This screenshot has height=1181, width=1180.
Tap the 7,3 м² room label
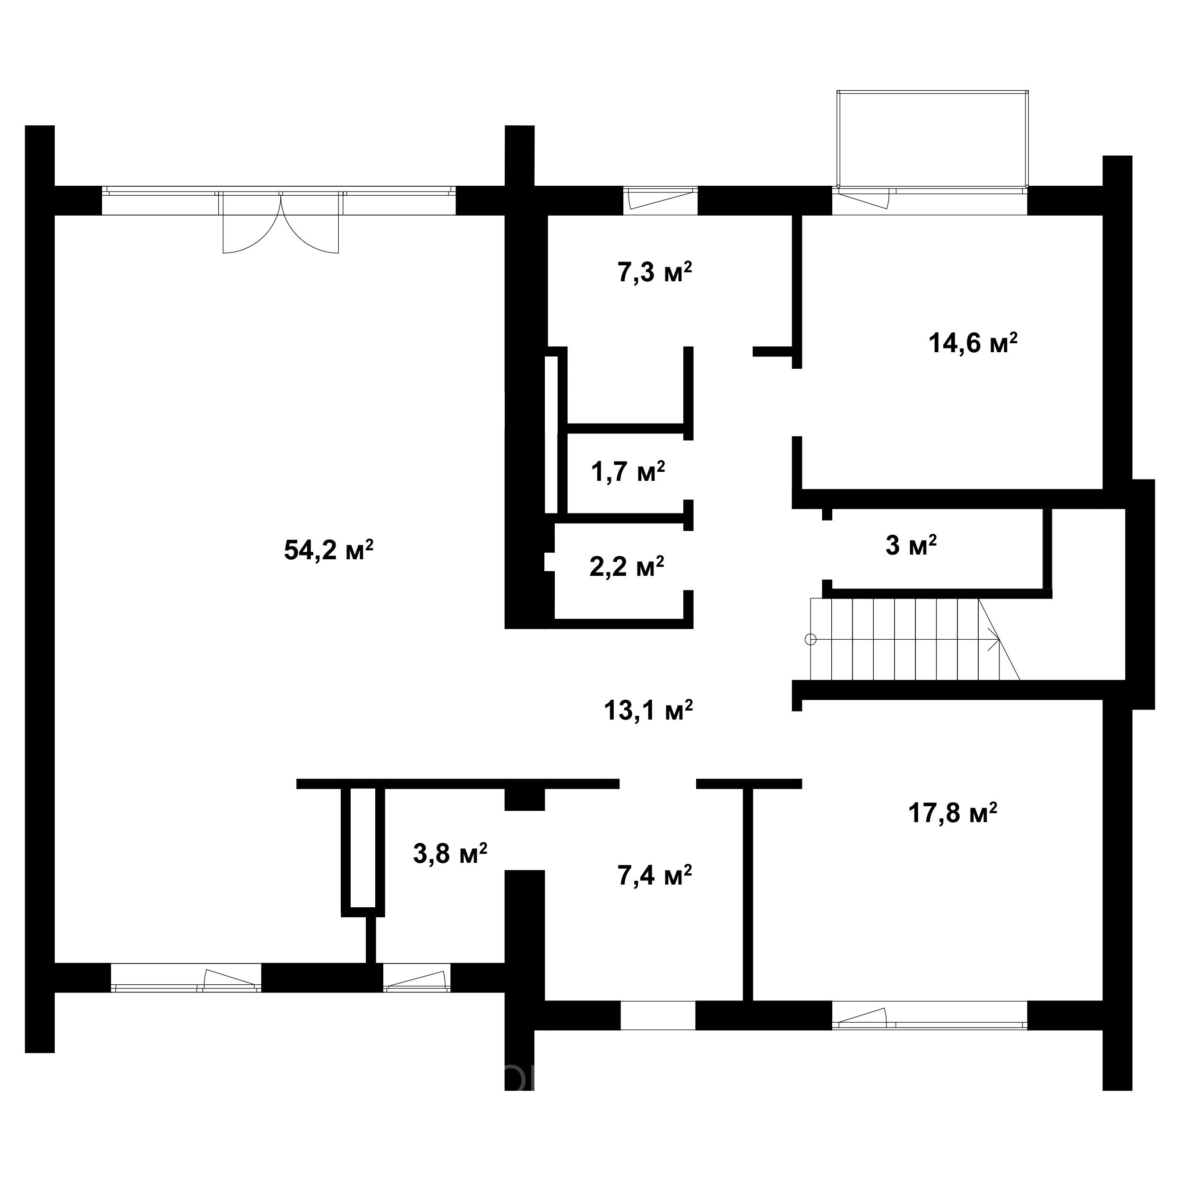[x=655, y=272]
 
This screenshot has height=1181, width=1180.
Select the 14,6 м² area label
[x=973, y=343]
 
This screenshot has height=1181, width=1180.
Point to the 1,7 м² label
[x=628, y=471]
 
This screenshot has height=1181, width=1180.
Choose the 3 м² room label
[x=911, y=545]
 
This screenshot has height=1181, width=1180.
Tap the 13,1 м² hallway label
[x=648, y=710]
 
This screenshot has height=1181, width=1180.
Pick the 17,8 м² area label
[x=953, y=814]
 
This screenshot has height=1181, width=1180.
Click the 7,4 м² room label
[x=655, y=876]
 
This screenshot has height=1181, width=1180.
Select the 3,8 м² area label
[x=450, y=853]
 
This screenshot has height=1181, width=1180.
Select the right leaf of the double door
[x=310, y=223]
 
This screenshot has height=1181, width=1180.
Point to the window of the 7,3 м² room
[x=661, y=200]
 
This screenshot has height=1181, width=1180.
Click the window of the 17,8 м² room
[x=930, y=1016]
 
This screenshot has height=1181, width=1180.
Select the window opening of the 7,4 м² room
[x=658, y=1016]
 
